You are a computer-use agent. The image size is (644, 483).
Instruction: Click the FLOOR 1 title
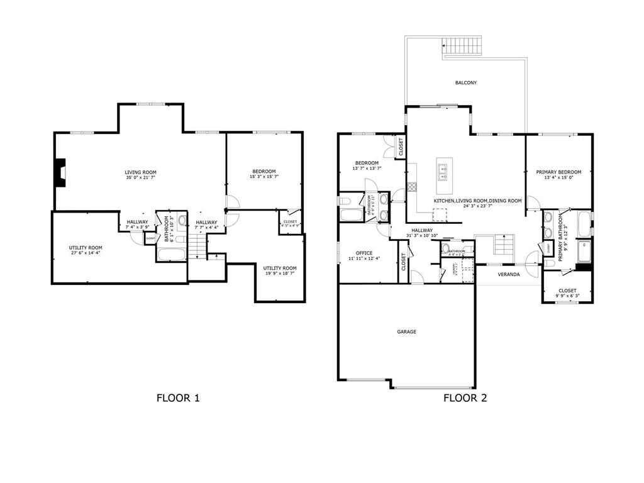[x=178, y=397]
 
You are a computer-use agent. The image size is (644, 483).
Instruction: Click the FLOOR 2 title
[x=465, y=397]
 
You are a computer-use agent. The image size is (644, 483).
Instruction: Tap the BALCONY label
[x=465, y=83]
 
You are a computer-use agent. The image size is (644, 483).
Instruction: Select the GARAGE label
[x=406, y=331]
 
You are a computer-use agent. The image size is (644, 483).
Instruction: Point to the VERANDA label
[x=509, y=275]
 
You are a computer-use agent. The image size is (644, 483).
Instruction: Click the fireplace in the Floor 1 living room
[x=60, y=172]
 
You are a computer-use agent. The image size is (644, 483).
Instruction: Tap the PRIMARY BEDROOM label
[x=558, y=172]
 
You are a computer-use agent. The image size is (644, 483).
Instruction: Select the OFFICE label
[x=364, y=253]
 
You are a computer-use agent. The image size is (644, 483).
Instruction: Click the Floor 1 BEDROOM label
[x=264, y=172]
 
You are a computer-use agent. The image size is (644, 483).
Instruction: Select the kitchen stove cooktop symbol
[x=413, y=186]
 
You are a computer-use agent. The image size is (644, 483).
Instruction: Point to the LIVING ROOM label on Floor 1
[x=140, y=172]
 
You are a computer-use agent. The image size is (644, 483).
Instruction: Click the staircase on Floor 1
[x=198, y=246]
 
